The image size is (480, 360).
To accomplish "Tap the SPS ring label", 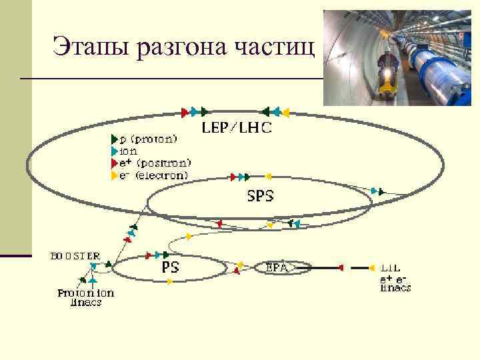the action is click(x=260, y=196).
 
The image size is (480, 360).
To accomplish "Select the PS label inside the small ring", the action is click(x=170, y=267).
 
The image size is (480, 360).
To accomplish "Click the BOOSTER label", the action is click(x=75, y=255).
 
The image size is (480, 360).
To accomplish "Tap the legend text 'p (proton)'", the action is click(x=148, y=139).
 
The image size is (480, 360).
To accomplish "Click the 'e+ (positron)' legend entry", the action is click(x=154, y=163).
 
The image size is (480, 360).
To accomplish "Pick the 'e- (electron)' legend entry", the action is click(x=153, y=175).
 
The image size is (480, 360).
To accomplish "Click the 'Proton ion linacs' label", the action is click(x=85, y=297).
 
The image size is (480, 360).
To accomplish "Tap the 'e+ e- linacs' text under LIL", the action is click(x=395, y=283).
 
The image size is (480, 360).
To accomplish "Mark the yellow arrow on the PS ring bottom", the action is click(x=171, y=282).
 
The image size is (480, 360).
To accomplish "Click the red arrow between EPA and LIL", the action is click(x=341, y=267).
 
